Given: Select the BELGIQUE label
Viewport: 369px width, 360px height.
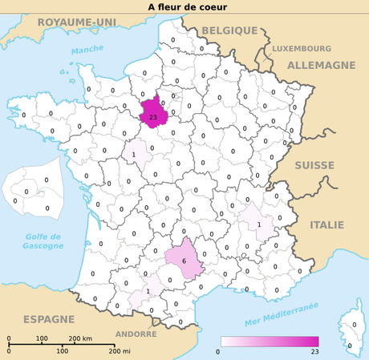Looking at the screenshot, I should tap(229, 30).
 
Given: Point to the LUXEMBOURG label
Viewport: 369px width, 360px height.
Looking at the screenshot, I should tap(301, 48).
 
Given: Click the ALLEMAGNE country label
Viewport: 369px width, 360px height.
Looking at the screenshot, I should tap(321, 65).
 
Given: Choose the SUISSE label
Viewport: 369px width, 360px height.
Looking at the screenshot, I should tap(314, 165).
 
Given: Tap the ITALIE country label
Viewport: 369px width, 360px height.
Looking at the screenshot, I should tap(326, 224).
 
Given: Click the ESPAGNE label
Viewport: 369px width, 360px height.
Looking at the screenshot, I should tap(48, 319).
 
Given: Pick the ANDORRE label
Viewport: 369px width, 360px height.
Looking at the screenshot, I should tap(136, 334).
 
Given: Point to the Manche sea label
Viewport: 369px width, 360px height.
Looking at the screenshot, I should tap(87, 51).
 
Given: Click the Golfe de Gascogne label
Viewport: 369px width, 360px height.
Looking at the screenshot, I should tap(43, 241).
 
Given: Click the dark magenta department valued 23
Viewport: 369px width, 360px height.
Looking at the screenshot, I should tap(153, 113).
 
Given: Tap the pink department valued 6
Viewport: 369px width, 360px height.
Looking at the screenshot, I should tap(184, 259).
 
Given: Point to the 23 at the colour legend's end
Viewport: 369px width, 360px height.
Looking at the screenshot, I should tap(315, 352).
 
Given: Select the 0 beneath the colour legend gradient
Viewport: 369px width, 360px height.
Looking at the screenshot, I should tap(218, 352).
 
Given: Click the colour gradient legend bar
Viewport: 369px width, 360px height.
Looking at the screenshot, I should tap(270, 342).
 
